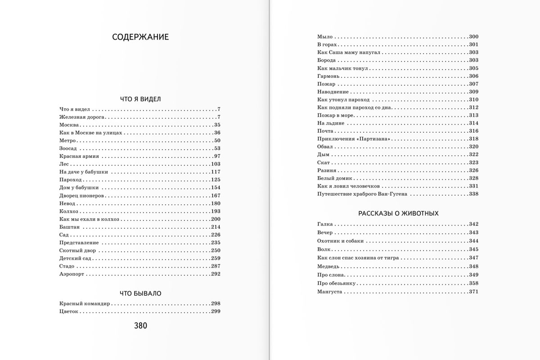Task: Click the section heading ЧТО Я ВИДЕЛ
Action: coord(140,99)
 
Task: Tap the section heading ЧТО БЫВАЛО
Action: coord(140,293)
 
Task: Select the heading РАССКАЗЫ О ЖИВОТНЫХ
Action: coord(398,213)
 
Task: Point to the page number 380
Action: coord(140,326)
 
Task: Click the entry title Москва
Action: coord(69,125)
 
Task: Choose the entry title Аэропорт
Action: coord(72,274)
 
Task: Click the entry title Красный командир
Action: coord(85,303)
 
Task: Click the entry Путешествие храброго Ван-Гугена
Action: coord(362,194)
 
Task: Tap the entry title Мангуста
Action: coord(330,292)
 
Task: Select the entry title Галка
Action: coord(324,224)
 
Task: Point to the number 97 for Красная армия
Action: coord(217,156)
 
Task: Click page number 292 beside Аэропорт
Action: coord(215,274)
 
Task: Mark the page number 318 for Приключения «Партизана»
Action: coord(473,139)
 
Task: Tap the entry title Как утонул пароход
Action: coord(343,99)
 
